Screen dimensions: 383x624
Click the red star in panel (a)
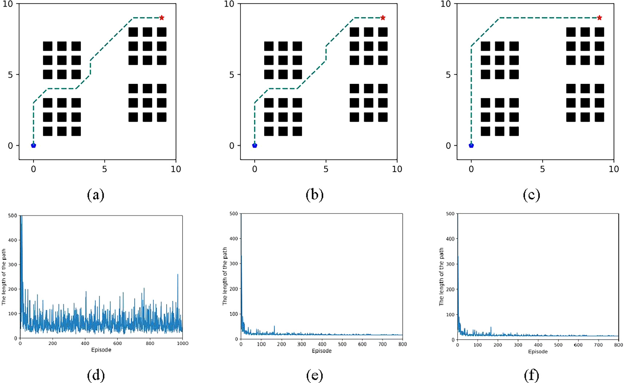pyautogui.click(x=162, y=17)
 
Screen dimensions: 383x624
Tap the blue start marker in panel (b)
pyautogui.click(x=255, y=145)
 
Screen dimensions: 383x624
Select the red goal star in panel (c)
pyautogui.click(x=599, y=17)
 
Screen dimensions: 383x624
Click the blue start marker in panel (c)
pyautogui.click(x=471, y=145)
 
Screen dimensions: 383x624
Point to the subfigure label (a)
pyautogui.click(x=96, y=195)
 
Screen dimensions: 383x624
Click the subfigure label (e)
pyautogui.click(x=314, y=375)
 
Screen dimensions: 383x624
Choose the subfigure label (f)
pyautogui.click(x=531, y=375)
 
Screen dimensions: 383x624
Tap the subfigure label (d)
pyautogui.click(x=96, y=375)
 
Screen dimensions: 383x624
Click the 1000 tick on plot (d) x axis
pyautogui.click(x=182, y=343)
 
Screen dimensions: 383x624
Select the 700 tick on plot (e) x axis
pyautogui.click(x=382, y=344)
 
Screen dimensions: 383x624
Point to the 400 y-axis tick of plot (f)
pyautogui.click(x=450, y=239)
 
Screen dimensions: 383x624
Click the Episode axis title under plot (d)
pyautogui.click(x=101, y=350)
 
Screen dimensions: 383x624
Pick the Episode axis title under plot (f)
pyautogui.click(x=538, y=352)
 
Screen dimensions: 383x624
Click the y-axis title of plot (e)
pyautogui.click(x=225, y=276)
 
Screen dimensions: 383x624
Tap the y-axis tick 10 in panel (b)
pyautogui.click(x=228, y=4)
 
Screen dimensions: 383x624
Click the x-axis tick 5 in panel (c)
pyautogui.click(x=542, y=169)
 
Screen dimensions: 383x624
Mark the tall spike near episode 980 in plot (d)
pyautogui.click(x=178, y=275)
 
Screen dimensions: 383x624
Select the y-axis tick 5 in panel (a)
pyautogui.click(x=11, y=75)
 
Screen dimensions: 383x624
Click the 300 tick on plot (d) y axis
pyautogui.click(x=13, y=264)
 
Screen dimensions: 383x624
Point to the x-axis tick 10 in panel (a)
pyautogui.click(x=176, y=169)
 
